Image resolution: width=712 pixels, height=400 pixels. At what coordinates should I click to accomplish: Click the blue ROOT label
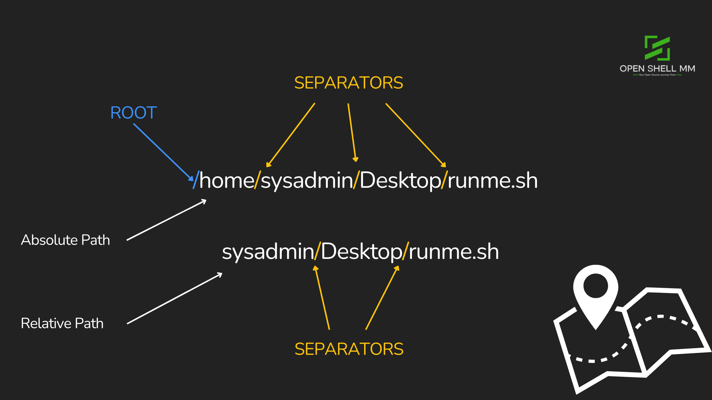pyautogui.click(x=133, y=113)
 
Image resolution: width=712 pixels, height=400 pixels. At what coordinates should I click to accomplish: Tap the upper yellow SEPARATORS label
pyautogui.click(x=349, y=83)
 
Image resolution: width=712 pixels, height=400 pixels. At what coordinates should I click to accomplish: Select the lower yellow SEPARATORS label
pyautogui.click(x=349, y=349)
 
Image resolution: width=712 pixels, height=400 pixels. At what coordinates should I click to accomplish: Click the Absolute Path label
pyautogui.click(x=65, y=240)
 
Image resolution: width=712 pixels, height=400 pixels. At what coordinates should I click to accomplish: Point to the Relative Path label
pyautogui.click(x=62, y=323)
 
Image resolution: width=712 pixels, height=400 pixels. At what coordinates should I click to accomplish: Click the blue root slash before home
pyautogui.click(x=196, y=180)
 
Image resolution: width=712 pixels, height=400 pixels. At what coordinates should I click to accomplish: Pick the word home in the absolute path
pyautogui.click(x=227, y=181)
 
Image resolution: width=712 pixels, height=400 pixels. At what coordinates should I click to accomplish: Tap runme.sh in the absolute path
pyautogui.click(x=492, y=181)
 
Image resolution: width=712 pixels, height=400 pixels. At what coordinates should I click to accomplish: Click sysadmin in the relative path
pyautogui.click(x=268, y=252)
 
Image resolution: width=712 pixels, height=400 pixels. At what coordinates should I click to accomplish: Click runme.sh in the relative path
pyautogui.click(x=454, y=252)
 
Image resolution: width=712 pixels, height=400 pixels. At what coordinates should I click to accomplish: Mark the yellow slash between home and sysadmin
pyautogui.click(x=258, y=180)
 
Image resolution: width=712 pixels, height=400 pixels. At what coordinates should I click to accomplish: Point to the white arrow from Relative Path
pyautogui.click(x=174, y=299)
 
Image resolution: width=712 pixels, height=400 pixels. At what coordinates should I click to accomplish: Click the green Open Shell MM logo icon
pyautogui.click(x=657, y=48)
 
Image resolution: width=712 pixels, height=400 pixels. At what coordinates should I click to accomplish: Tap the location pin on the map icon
pyautogui.click(x=596, y=293)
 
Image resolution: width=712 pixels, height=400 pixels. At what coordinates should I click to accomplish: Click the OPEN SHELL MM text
pyautogui.click(x=657, y=69)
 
